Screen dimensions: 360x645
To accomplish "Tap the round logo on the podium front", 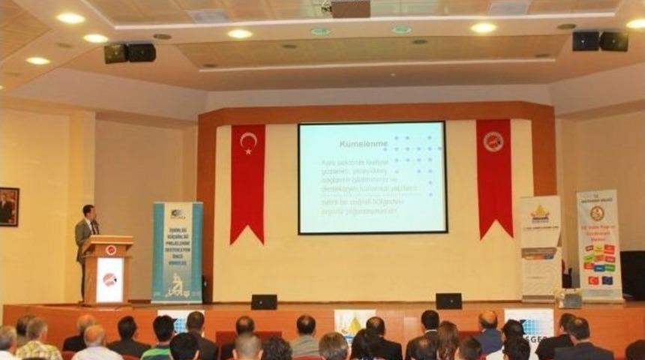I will click(x=109, y=280).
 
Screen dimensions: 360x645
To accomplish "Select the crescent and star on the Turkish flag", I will click(x=247, y=142).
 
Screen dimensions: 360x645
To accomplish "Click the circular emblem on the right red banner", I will click(x=493, y=142).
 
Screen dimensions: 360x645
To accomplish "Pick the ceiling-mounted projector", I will click(x=350, y=9).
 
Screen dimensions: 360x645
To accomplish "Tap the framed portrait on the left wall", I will click(x=9, y=206).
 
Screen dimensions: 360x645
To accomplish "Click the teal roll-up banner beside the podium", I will click(x=177, y=252).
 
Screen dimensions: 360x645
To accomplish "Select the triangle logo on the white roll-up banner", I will click(x=540, y=214).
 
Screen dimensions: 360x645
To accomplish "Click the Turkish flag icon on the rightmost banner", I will click(x=594, y=280).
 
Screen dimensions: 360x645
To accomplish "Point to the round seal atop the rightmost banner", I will click(x=597, y=213).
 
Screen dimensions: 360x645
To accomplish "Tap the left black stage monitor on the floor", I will click(x=263, y=301).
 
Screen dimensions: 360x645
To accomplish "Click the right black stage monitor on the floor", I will click(x=448, y=301).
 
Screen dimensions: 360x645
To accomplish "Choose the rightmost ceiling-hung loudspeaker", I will click(x=614, y=41).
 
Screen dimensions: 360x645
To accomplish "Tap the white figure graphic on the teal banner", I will click(x=176, y=285).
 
